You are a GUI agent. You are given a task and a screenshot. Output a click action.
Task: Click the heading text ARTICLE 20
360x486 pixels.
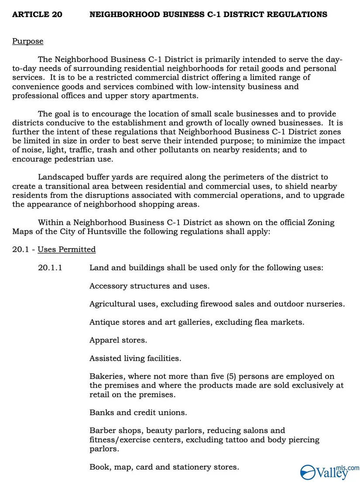coord(37,14)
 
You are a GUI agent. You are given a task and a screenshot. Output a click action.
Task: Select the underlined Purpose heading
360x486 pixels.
coord(27,41)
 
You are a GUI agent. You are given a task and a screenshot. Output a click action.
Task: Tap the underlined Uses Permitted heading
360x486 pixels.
coord(66,249)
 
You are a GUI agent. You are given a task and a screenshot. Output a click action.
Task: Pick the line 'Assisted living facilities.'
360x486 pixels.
coord(135,358)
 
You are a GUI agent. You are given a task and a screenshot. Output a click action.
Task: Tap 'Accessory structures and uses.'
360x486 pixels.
coord(149,286)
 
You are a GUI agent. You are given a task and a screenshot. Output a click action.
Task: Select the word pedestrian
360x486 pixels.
coord(70,159)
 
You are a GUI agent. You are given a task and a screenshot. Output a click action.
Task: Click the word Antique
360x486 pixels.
coord(103,322)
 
